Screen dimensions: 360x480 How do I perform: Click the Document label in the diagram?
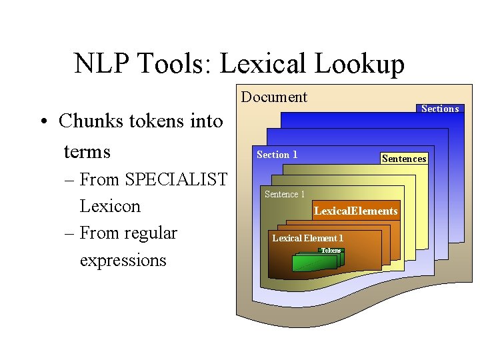274,97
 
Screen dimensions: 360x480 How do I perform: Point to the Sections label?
440,109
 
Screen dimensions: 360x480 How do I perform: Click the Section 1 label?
277,155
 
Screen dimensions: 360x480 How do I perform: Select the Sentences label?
403,159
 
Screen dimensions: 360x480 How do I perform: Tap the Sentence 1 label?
284,194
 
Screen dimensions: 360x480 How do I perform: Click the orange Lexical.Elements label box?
356,211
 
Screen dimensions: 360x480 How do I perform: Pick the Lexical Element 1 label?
307,238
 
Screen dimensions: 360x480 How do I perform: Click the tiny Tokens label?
331,251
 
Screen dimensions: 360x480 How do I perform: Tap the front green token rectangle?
314,263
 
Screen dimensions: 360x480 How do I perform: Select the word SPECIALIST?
176,180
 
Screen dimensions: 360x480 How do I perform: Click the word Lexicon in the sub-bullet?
110,206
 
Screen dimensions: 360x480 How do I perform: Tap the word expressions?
123,260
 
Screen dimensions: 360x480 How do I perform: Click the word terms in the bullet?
87,151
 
